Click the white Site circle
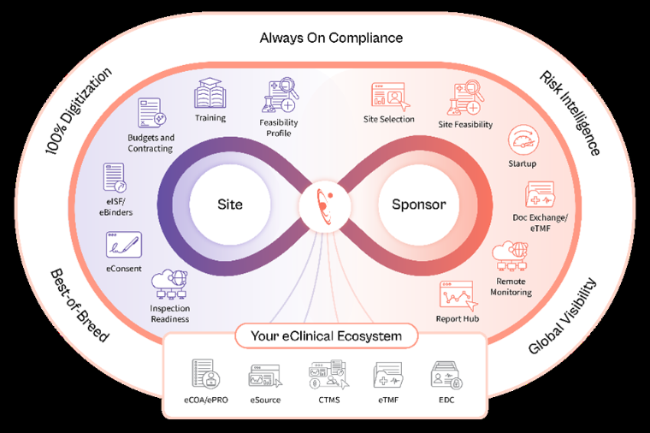point(229,205)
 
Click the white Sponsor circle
point(418,205)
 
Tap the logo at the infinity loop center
point(323,205)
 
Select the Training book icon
point(210,94)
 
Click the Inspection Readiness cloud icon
point(168,283)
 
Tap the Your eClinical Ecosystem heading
point(325,336)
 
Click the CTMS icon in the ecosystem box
point(325,374)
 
